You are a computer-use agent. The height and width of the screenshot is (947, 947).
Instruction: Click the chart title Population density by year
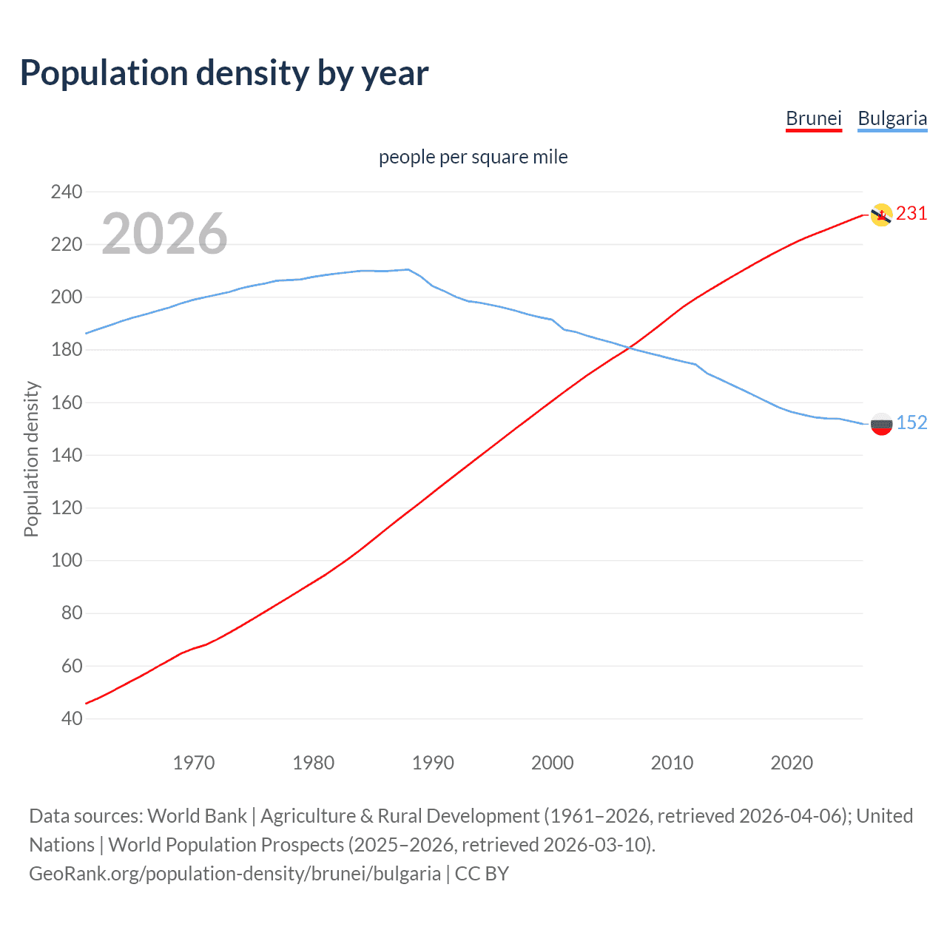point(224,73)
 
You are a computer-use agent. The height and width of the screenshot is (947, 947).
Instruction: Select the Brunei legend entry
point(813,118)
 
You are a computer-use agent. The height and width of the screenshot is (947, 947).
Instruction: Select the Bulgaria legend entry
point(892,118)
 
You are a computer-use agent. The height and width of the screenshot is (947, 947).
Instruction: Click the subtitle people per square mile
point(473,157)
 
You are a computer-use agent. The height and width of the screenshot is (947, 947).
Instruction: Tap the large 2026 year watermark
point(164,234)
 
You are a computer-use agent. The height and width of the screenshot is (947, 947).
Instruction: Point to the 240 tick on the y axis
point(67,192)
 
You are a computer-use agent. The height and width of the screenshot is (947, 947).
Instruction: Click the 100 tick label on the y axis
point(67,560)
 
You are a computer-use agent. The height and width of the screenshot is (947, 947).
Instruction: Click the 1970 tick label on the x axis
point(194,763)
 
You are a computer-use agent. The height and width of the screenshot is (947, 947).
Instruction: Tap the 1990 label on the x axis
point(433,763)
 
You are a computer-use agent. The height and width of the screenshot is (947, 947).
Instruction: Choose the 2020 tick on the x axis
point(792,763)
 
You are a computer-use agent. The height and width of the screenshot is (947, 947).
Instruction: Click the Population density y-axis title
point(31,459)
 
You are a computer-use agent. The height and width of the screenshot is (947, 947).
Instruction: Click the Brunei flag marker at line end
point(881,215)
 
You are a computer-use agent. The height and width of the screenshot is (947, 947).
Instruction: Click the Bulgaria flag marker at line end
point(881,424)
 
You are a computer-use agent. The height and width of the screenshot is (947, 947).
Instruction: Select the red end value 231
point(911,214)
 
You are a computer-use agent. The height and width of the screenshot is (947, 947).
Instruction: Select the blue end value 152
point(911,422)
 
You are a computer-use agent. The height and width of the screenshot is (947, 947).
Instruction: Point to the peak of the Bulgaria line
point(408,269)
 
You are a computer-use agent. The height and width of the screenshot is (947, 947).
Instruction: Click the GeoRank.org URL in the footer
point(235,874)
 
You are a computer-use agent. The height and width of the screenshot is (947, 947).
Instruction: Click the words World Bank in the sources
point(197,816)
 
